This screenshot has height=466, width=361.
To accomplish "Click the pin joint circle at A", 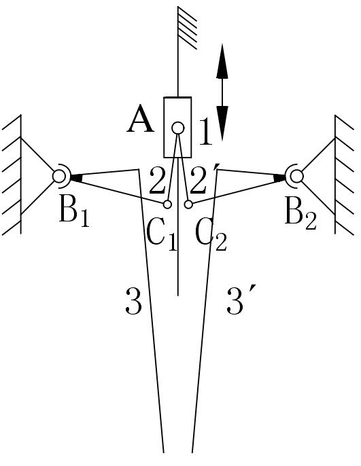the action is click(178, 128).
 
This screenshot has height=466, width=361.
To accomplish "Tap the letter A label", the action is click(140, 120).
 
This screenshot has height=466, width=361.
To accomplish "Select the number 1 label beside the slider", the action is click(206, 131).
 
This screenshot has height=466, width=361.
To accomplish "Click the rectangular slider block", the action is click(177, 127).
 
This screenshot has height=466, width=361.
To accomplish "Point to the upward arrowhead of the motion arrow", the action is click(222, 61).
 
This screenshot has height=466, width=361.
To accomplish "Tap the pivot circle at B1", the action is click(59, 176).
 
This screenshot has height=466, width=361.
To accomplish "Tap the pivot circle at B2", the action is click(296, 176).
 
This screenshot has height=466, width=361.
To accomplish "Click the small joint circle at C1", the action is click(167, 204).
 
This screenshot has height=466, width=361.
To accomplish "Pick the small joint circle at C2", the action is click(188, 204).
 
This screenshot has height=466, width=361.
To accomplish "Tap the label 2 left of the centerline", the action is click(157, 181).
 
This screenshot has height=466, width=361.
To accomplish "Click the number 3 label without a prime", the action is click(133, 301).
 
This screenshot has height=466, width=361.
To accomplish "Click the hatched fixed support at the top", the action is click(187, 28).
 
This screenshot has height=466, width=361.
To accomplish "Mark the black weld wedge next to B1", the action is click(76, 177).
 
